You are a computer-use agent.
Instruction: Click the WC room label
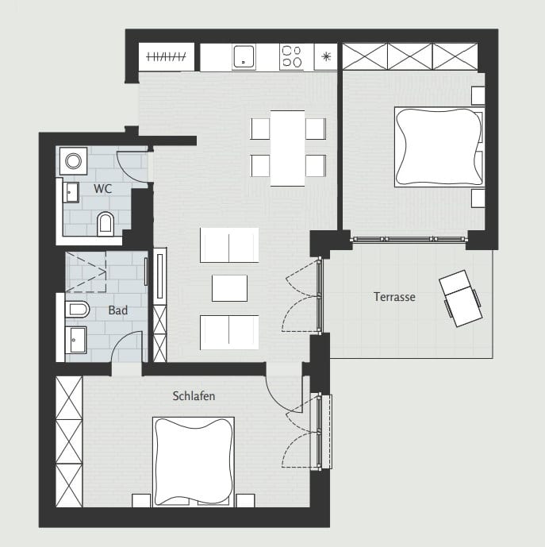(102, 189)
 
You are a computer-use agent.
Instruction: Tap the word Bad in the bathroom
(118, 310)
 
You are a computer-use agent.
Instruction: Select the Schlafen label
(194, 396)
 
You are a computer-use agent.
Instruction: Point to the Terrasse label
(394, 297)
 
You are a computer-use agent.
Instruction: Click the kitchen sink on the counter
(244, 56)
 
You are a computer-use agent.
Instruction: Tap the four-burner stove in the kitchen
(291, 56)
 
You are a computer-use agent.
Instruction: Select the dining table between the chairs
(287, 148)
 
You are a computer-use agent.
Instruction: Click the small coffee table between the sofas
(229, 288)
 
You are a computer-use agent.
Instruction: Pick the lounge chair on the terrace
(460, 299)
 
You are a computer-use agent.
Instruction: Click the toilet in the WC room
(106, 224)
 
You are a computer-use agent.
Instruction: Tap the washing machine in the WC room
(74, 161)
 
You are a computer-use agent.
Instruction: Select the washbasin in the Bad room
(75, 340)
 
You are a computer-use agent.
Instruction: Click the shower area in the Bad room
(86, 272)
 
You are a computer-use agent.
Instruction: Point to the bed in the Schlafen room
(194, 461)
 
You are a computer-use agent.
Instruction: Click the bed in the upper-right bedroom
(439, 147)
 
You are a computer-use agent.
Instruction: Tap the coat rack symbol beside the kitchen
(166, 56)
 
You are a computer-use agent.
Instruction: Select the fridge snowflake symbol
(326, 56)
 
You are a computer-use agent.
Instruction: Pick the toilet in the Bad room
(77, 309)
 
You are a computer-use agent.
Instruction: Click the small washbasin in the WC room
(71, 192)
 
